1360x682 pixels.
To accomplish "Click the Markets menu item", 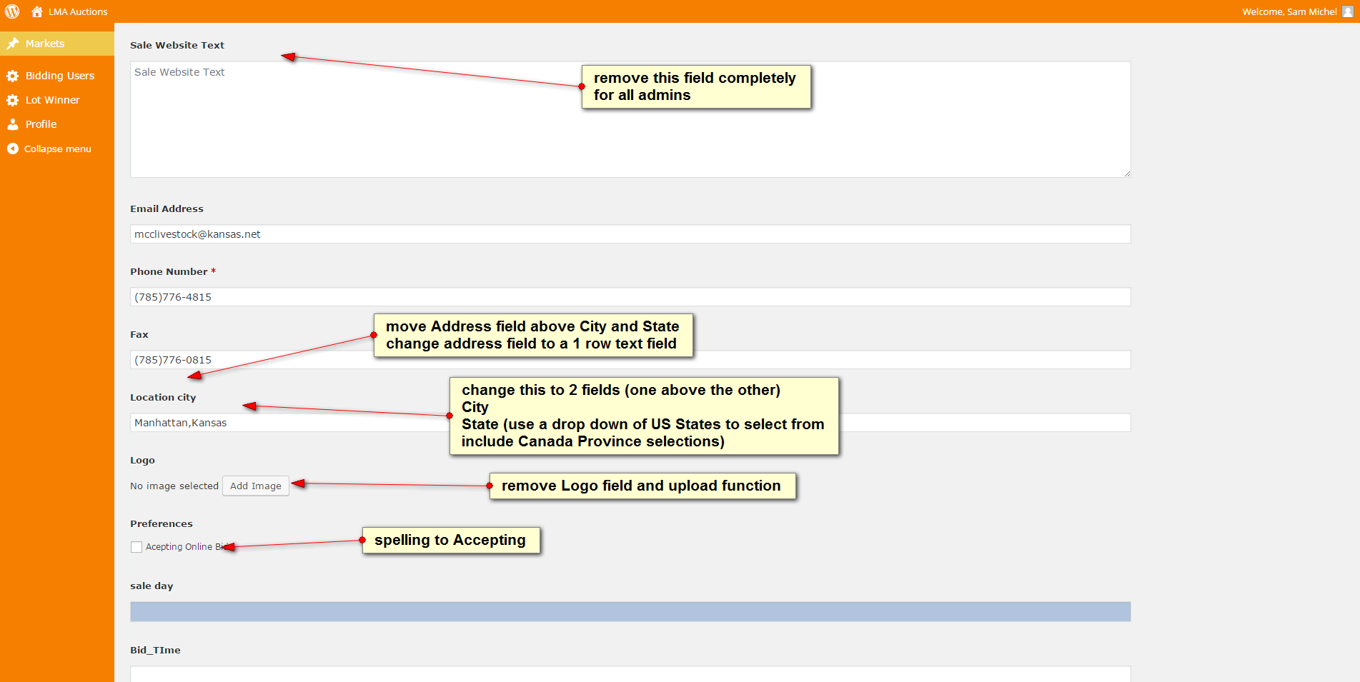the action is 45,44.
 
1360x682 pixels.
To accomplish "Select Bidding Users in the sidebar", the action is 59,76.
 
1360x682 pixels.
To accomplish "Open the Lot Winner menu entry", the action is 52,100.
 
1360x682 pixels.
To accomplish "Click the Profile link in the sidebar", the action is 41,124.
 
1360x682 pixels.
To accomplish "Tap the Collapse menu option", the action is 57,149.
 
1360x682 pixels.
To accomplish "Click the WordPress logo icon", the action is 12,11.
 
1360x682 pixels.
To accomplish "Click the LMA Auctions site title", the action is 78,11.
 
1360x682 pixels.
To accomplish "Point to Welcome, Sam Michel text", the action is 1289,11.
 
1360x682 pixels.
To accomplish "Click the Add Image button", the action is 256,486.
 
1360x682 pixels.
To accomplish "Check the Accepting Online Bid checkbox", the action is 137,547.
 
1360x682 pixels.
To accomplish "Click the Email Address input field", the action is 630,234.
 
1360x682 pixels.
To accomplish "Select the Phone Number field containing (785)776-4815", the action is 630,297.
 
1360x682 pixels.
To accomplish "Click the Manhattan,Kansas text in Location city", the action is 181,423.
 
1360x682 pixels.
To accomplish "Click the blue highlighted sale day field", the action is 630,612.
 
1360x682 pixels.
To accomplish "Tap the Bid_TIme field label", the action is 155,650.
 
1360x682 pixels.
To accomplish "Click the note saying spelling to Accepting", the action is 451,540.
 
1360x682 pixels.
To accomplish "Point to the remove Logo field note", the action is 642,486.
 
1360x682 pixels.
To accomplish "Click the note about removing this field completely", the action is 696,86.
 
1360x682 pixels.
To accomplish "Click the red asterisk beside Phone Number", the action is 213,271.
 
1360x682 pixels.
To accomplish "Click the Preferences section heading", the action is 162,523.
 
